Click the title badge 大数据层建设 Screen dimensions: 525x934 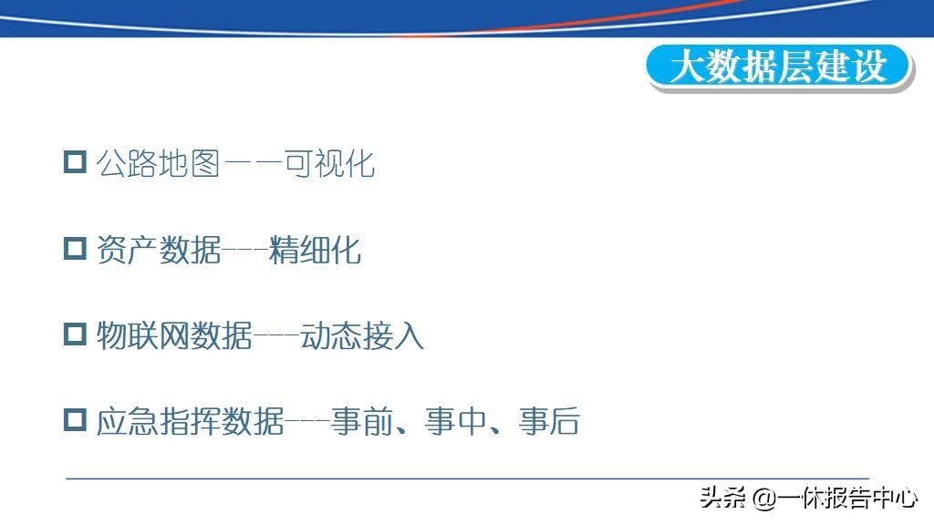[x=779, y=67]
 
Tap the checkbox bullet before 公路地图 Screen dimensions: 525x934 [x=74, y=162]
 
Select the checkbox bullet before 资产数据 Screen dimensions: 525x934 [x=74, y=248]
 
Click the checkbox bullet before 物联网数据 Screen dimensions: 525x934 [x=74, y=335]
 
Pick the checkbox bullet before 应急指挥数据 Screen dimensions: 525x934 [x=74, y=420]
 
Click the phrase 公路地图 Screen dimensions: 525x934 [x=158, y=164]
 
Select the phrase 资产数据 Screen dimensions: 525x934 [x=158, y=250]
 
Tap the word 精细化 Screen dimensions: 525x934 [x=316, y=250]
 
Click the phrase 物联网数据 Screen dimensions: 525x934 [x=173, y=336]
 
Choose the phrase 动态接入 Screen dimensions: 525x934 [x=362, y=336]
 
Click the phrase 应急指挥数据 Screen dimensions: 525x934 [x=190, y=422]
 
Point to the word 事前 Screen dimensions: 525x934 [x=360, y=422]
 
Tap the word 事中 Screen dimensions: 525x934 [x=454, y=422]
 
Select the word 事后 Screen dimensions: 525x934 [x=549, y=422]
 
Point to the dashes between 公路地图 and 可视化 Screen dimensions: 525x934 [x=251, y=164]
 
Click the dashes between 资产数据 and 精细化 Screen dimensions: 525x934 [x=244, y=250]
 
